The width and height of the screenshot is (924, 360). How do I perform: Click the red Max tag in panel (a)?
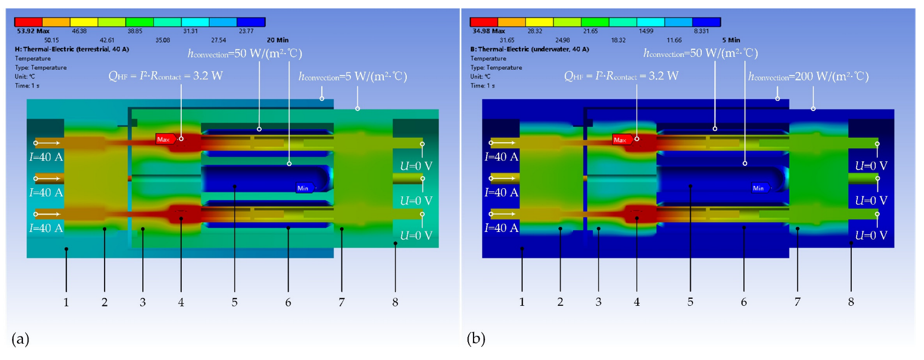point(164,140)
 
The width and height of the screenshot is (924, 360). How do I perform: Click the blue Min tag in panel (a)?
point(303,188)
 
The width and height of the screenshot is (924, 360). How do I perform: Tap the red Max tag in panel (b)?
point(620,140)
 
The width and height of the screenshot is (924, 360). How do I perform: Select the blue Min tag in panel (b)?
point(759,188)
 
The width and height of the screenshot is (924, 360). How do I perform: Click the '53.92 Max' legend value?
point(33,31)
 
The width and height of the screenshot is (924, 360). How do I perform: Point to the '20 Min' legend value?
point(278,40)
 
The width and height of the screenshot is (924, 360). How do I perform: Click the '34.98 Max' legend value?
point(488,31)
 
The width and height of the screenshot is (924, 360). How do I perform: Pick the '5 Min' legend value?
point(731,40)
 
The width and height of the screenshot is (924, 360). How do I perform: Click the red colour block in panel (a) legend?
point(28,22)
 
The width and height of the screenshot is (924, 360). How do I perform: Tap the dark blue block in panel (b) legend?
point(706,22)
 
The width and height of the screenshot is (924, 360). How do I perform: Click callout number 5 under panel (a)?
point(234,302)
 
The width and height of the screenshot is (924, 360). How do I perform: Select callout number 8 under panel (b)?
point(851,302)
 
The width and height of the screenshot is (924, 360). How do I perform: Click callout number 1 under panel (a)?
point(66,302)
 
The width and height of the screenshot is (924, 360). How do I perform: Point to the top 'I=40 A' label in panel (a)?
point(46,157)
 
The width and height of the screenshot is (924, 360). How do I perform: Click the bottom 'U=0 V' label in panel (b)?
point(871,235)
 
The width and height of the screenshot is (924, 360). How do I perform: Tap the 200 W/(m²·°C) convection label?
point(809,77)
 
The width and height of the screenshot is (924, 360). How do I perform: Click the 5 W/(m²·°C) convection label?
point(353,77)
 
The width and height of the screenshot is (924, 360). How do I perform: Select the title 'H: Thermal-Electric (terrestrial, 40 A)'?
point(72,49)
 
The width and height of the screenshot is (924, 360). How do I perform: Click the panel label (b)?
point(476,339)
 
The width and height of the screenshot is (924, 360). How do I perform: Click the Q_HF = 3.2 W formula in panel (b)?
point(621,76)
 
